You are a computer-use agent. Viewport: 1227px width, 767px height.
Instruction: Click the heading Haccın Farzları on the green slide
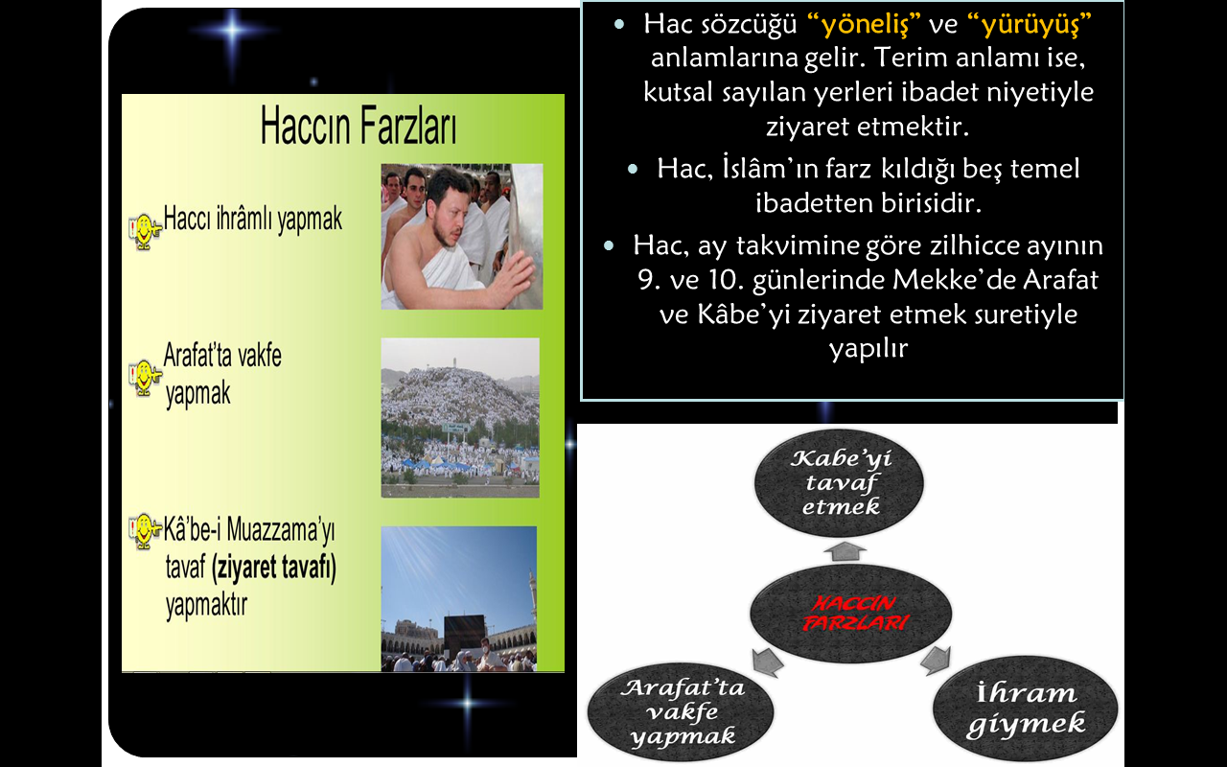pyautogui.click(x=359, y=126)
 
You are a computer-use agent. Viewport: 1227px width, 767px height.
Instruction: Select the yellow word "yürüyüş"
pyautogui.click(x=1030, y=25)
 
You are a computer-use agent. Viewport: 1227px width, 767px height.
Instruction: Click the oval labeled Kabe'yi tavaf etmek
pyautogui.click(x=839, y=482)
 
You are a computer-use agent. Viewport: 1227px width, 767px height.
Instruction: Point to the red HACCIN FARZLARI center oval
pyautogui.click(x=850, y=614)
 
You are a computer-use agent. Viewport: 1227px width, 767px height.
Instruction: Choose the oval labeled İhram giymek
pyautogui.click(x=1026, y=708)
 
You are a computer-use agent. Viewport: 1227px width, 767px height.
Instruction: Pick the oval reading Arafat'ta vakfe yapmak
pyautogui.click(x=681, y=711)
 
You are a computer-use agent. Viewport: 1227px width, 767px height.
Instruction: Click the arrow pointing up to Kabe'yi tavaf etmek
pyautogui.click(x=845, y=550)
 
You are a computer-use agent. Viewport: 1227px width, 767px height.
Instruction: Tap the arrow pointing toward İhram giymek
pyautogui.click(x=936, y=660)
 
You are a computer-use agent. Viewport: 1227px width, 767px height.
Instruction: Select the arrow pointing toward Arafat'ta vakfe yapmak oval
pyautogui.click(x=768, y=662)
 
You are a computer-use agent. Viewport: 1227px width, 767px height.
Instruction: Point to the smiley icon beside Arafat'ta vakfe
pyautogui.click(x=145, y=378)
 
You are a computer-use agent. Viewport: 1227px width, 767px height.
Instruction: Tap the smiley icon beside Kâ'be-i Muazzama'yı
pyautogui.click(x=145, y=531)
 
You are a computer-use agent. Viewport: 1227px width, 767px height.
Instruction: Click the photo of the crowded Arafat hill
pyautogui.click(x=460, y=417)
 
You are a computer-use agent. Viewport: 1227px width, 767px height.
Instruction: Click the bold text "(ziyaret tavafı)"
pyautogui.click(x=274, y=567)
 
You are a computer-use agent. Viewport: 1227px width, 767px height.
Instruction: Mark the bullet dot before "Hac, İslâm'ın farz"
pyautogui.click(x=633, y=169)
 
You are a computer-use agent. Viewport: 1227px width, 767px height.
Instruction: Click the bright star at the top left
pyautogui.click(x=233, y=30)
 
